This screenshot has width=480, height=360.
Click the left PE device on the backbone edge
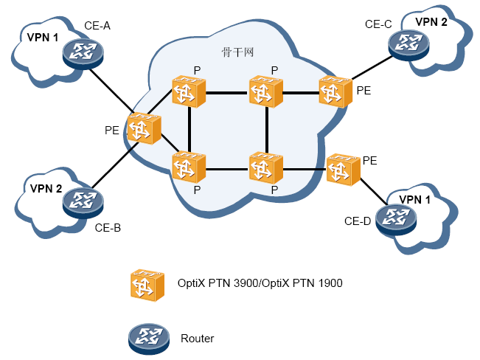tap(144, 129)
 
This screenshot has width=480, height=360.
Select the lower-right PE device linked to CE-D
tap(343, 170)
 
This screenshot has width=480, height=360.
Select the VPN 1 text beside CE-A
tap(42, 37)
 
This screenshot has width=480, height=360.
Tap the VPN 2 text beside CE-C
tap(431, 21)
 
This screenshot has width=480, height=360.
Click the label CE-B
tap(108, 227)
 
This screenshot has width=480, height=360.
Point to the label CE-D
tap(358, 221)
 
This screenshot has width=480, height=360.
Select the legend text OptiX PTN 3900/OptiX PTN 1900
tap(260, 283)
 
